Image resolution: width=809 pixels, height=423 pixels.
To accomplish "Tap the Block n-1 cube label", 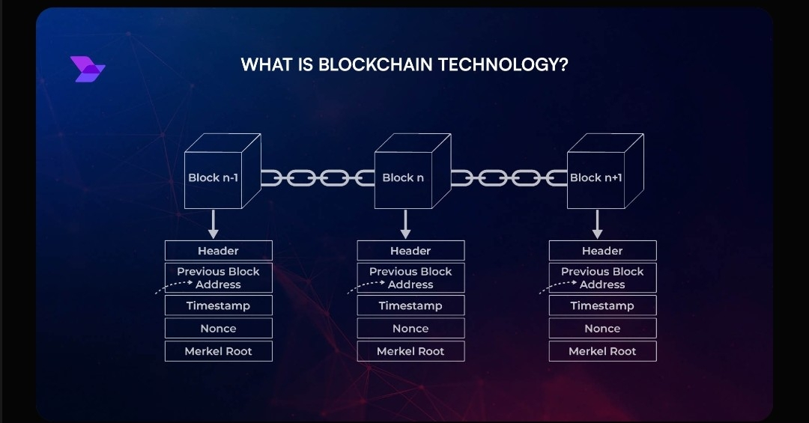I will [x=213, y=178].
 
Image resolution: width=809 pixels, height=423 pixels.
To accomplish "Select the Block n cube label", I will [x=403, y=178].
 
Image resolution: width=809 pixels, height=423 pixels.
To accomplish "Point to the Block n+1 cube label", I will [x=596, y=178].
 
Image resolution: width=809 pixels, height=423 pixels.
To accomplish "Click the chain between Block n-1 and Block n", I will [x=318, y=178].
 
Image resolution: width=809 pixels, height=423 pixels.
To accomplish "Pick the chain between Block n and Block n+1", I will [x=509, y=178].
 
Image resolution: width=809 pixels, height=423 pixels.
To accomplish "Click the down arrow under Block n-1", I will [x=213, y=223].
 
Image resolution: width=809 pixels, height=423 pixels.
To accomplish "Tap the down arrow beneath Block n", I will [x=405, y=223].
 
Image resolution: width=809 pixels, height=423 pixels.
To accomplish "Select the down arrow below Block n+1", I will [x=597, y=223].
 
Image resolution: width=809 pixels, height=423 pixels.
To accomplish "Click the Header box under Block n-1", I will [x=219, y=251].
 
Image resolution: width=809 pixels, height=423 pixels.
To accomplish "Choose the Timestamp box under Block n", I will [x=410, y=305].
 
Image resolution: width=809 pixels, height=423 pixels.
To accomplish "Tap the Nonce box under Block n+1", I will [x=602, y=329].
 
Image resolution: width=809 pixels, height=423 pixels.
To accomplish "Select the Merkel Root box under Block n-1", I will [x=219, y=351].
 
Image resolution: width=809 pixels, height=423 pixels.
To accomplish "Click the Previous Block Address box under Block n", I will [x=410, y=278].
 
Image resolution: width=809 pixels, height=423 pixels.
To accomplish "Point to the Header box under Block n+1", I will [x=602, y=251].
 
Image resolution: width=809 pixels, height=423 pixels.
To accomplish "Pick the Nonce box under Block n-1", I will [x=219, y=329].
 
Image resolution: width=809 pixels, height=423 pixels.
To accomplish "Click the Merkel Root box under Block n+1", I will [x=602, y=351].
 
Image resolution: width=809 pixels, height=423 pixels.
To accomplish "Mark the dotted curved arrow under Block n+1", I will [x=557, y=287].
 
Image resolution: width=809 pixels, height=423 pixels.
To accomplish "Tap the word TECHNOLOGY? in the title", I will [x=503, y=65].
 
